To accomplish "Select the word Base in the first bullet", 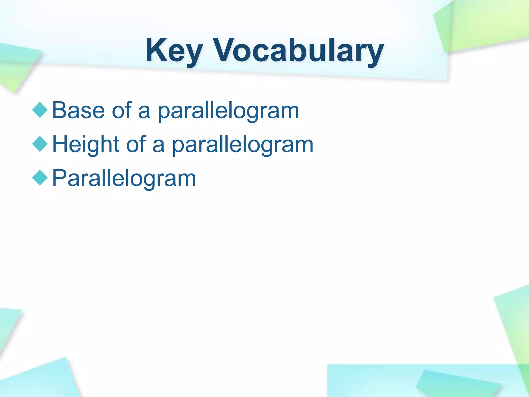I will point(78,110).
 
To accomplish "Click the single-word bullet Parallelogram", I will point(124,178).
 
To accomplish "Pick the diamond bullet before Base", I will point(40,110).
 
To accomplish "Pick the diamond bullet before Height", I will point(40,144).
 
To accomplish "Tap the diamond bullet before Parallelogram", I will point(40,178).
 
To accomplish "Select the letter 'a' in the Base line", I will point(144,112).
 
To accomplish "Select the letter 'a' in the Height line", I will point(158,146).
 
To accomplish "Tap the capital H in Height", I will point(61,144).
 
